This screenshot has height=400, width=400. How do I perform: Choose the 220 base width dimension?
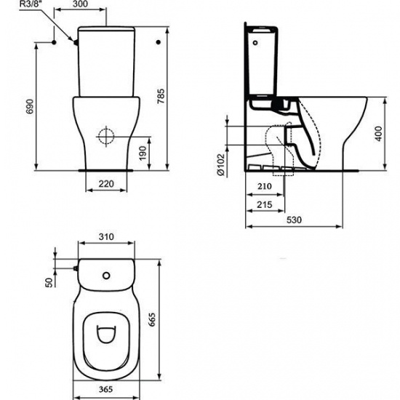tap(107, 184)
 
